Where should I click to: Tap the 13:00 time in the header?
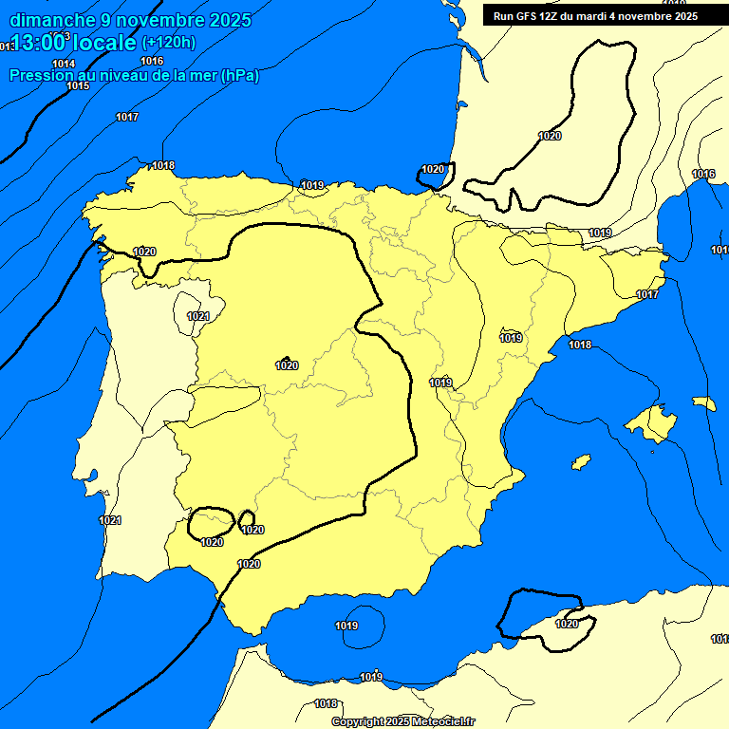click(39, 42)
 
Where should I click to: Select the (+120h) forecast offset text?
click(169, 42)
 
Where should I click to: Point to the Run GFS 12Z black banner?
click(595, 16)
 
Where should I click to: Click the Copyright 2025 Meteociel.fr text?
click(402, 722)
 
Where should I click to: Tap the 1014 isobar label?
click(64, 64)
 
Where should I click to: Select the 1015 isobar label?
click(78, 86)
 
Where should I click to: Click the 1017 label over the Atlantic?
click(127, 117)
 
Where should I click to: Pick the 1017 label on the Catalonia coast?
click(647, 295)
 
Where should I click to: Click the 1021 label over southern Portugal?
click(110, 520)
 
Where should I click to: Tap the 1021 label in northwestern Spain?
click(198, 316)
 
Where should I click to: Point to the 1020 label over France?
click(550, 136)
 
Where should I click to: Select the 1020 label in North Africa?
click(567, 624)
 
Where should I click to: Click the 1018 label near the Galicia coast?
click(163, 165)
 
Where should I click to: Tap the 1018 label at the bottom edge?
click(326, 703)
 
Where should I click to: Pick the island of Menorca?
click(703, 403)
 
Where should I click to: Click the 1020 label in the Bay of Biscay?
click(433, 169)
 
